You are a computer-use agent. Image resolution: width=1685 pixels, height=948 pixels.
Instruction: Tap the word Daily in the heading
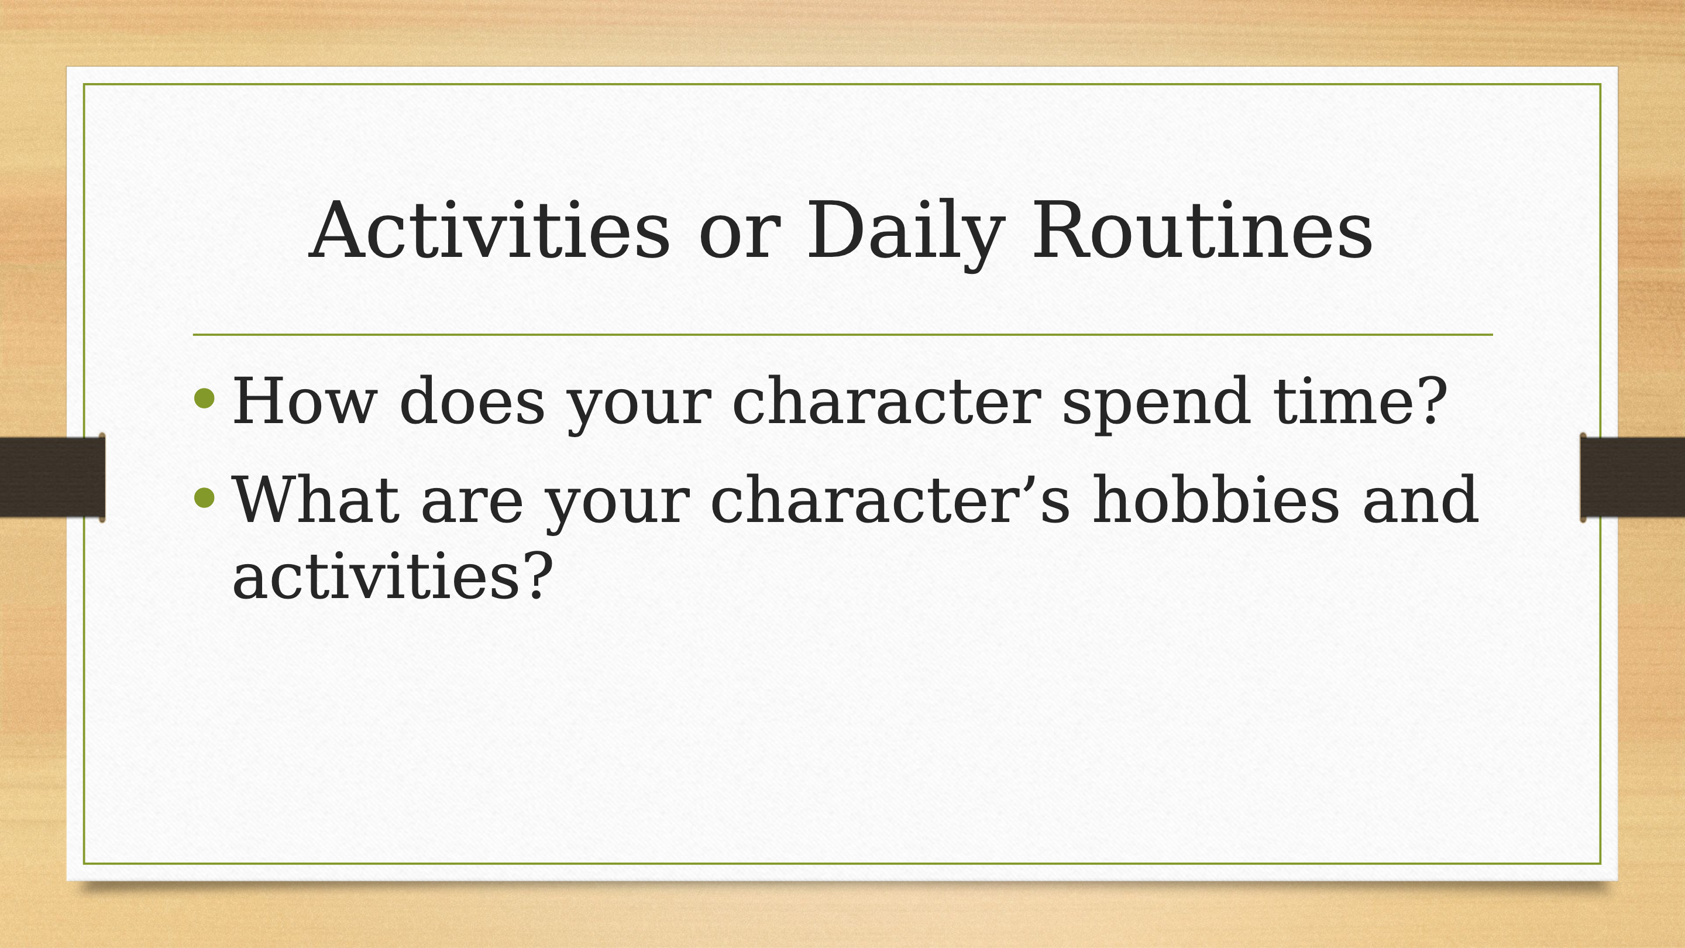tap(906, 235)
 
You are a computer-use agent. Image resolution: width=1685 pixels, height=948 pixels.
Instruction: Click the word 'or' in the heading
tap(740, 239)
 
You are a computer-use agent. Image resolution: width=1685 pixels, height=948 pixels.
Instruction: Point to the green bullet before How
tap(205, 399)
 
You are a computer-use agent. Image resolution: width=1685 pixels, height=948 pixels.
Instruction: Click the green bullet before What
tap(205, 497)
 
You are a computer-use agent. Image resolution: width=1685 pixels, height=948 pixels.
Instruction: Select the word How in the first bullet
tap(305, 400)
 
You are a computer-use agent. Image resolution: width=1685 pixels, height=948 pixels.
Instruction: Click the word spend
tap(1156, 404)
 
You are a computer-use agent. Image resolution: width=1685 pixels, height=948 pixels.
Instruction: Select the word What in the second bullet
tap(316, 500)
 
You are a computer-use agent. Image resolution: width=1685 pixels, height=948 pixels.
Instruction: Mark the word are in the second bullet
tap(472, 507)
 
